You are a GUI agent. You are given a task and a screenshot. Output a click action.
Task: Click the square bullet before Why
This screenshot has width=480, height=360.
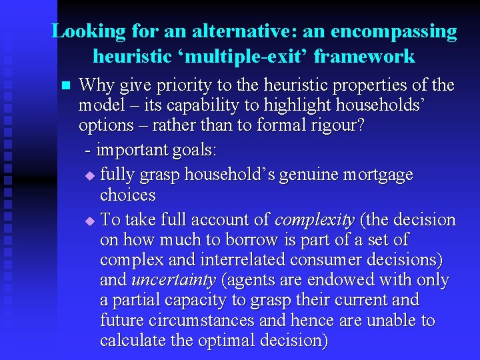click(65, 86)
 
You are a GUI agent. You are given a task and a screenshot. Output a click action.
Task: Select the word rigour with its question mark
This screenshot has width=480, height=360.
click(338, 125)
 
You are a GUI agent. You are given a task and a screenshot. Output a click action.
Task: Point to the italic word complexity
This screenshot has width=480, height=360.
click(315, 220)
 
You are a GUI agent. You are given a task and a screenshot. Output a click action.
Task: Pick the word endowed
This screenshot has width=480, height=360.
click(329, 280)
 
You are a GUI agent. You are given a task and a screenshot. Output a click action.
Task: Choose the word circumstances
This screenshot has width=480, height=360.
click(211, 321)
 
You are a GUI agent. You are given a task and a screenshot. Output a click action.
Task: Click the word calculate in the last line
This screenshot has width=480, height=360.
click(129, 341)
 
